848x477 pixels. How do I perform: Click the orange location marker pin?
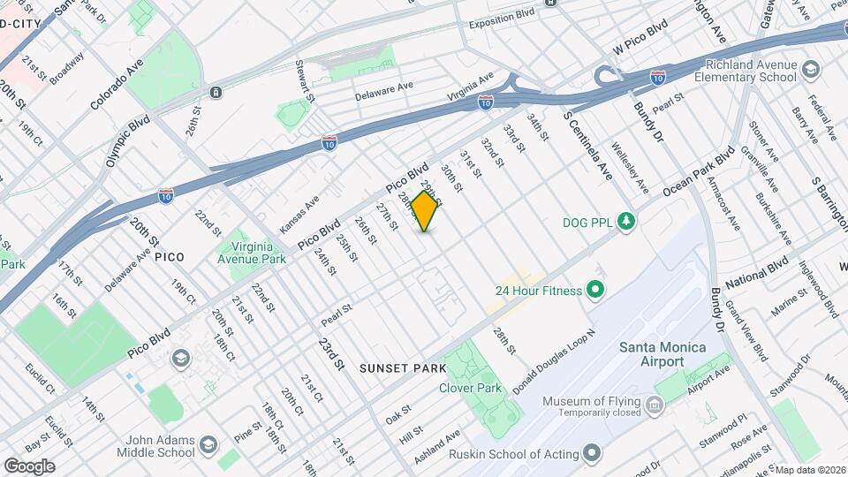tap(425, 211)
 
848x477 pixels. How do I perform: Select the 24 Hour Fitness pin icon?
tap(594, 290)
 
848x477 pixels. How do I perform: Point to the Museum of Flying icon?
tap(654, 406)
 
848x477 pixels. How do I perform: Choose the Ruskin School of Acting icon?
tap(592, 453)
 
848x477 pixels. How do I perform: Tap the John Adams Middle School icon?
tap(208, 444)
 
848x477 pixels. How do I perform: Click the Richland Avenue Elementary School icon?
tap(809, 68)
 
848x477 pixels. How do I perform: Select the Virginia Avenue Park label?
tap(252, 253)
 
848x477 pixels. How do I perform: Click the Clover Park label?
tap(470, 388)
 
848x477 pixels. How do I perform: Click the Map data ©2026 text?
tap(810, 470)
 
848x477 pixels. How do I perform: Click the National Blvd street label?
tap(756, 275)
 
